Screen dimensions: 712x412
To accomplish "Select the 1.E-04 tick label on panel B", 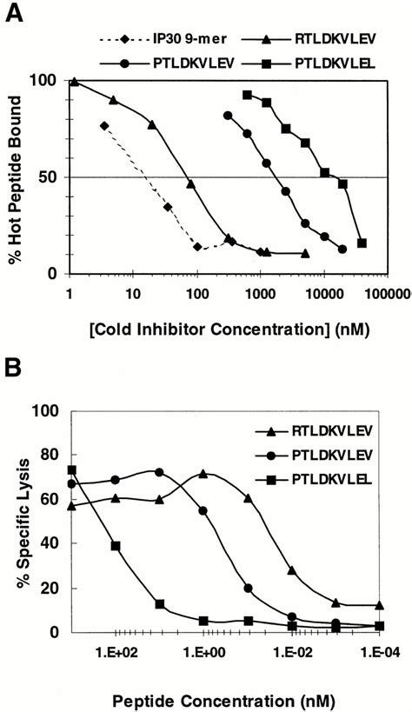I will click(379, 649).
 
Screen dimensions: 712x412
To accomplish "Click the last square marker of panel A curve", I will click(362, 243).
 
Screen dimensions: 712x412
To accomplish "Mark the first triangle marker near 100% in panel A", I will click(74, 82).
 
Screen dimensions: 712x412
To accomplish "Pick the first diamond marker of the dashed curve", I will click(105, 126).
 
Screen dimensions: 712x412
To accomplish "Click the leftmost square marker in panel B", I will click(71, 470).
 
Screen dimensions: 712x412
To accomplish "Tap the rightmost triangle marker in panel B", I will click(380, 606).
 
